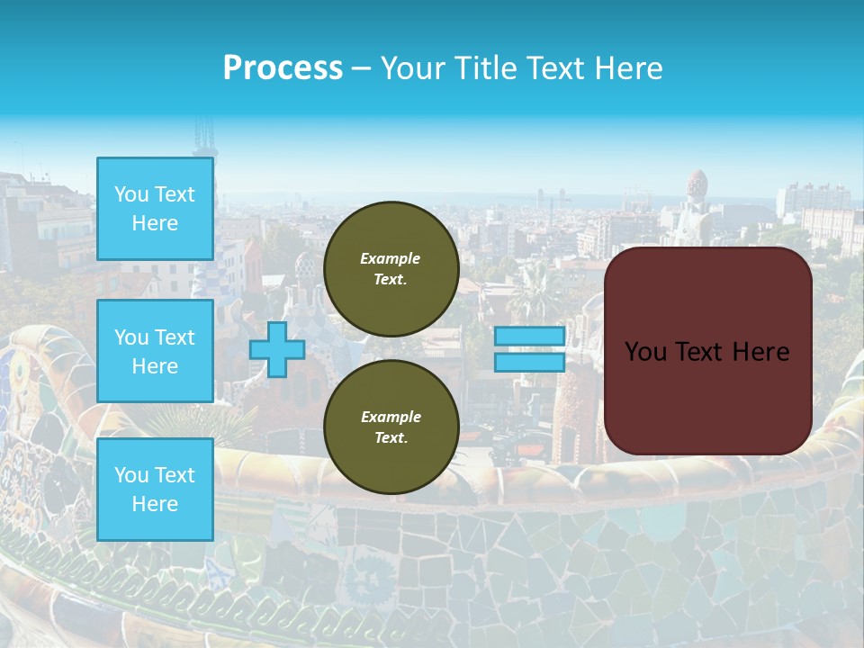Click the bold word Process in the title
pos(283,68)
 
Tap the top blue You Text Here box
pos(155,209)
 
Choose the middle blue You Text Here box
pos(155,351)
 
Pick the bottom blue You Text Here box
pos(155,490)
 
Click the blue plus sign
pos(276,350)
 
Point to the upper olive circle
pos(391,269)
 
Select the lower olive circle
pos(391,427)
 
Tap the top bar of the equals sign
pos(529,337)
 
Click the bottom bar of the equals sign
pos(529,363)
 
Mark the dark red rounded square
pos(707,351)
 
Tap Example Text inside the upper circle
pos(391,269)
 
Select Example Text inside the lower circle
pos(391,427)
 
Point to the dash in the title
pos(361,68)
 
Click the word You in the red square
pos(645,352)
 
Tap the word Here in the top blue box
pos(155,223)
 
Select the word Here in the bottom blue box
pos(155,504)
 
